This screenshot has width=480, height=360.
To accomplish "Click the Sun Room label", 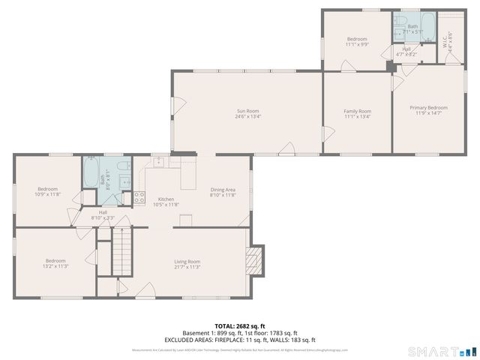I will point(247,111).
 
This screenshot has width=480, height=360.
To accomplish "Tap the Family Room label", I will point(357,111).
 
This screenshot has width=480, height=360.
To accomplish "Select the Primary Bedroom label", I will point(428,108).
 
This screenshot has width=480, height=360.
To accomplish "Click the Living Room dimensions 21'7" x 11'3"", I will point(187,267).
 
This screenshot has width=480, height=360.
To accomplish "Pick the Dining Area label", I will point(223,190).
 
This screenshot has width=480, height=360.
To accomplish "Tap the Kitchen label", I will point(166,199).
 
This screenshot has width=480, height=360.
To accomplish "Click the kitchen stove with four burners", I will point(139,199).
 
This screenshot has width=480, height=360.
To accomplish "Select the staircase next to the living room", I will point(121,251).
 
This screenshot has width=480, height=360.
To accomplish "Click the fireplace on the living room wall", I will point(255,262).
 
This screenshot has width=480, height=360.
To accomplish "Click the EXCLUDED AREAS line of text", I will point(240,340).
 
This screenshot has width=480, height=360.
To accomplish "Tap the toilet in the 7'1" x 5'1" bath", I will point(400,20).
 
